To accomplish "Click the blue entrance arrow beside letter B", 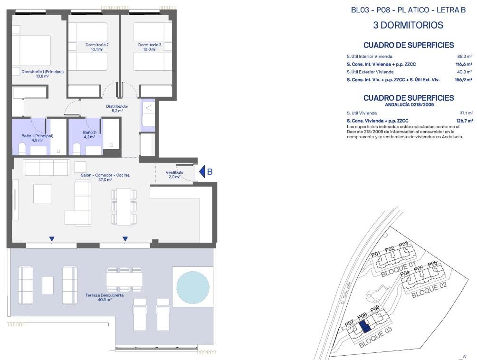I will click(201, 171).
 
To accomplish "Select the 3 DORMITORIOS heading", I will click(408, 25).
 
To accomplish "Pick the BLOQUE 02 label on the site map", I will click(429, 289).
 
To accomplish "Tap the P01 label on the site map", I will click(376, 254).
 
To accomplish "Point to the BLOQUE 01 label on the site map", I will click(398, 270).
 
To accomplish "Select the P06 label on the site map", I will click(432, 264).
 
